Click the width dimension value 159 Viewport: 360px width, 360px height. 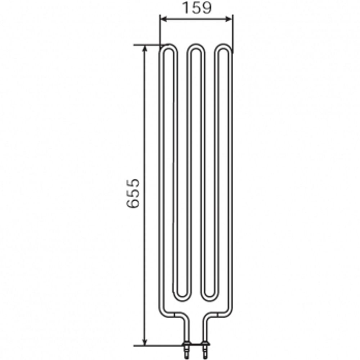(196, 8)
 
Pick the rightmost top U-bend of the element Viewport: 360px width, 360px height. (224, 47)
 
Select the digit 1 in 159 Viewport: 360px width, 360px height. (185, 8)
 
